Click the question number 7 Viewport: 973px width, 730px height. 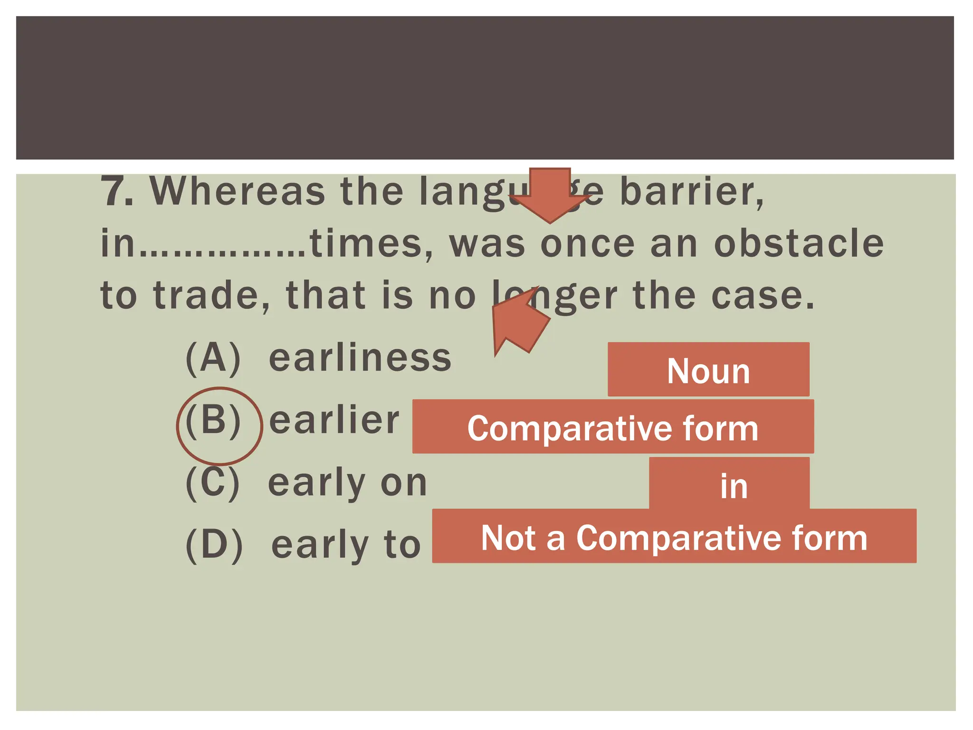pos(116,191)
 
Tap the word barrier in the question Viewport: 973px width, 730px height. pos(691,192)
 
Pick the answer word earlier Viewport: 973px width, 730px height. pos(334,421)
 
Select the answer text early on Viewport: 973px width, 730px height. pos(347,483)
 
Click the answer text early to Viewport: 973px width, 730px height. pos(346,545)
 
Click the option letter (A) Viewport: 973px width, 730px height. pos(213,359)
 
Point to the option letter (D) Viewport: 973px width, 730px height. pos(214,546)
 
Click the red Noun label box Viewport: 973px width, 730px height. pos(708,370)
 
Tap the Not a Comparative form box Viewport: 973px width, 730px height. pos(674,537)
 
